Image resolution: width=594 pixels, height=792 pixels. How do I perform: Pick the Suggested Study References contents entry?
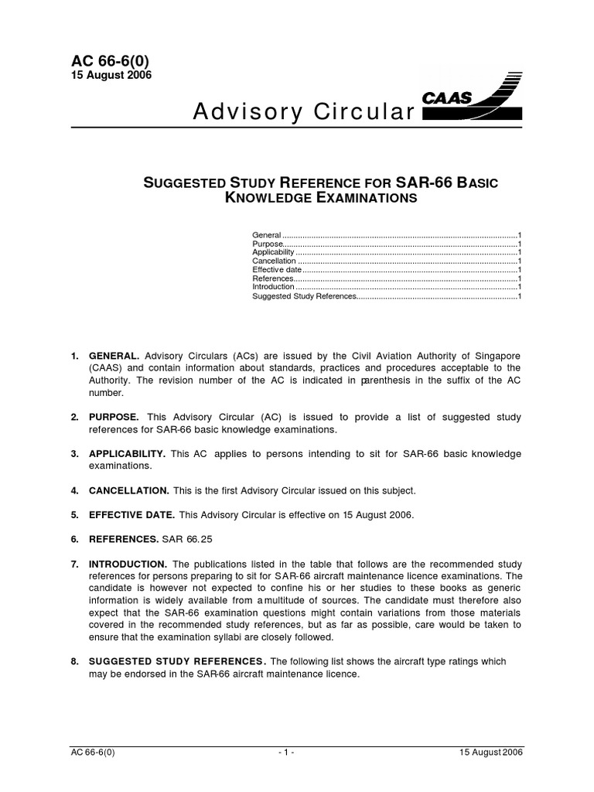[x=304, y=295]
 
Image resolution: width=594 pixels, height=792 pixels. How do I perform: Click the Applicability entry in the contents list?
[x=274, y=251]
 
